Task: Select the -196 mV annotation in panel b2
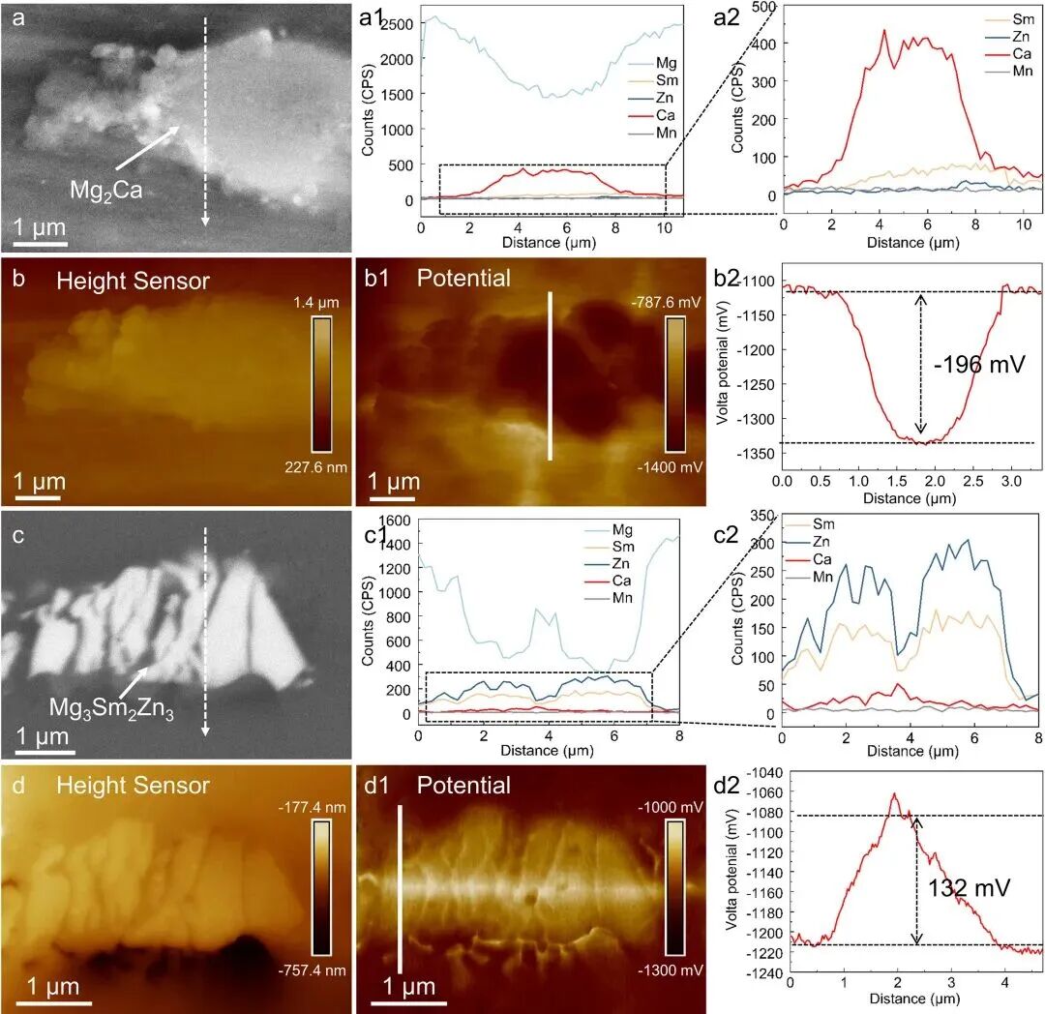coord(979,366)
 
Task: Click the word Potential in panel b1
coord(463,279)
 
